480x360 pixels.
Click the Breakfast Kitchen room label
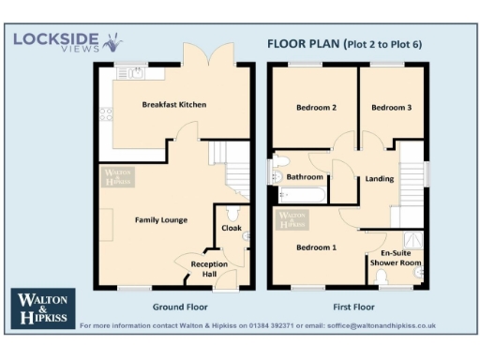(173, 104)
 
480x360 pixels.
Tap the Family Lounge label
(160, 220)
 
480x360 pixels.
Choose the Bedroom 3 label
(391, 107)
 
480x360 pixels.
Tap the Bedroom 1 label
(316, 247)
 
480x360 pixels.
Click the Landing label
(380, 178)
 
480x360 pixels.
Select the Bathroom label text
(306, 177)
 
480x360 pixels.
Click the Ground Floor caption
(180, 307)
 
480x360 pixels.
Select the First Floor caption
(353, 307)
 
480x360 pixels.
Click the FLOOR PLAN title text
(302, 43)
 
